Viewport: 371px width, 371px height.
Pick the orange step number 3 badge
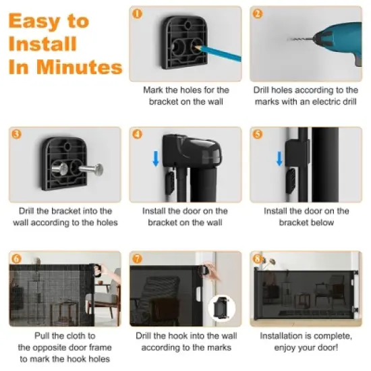coord(16,133)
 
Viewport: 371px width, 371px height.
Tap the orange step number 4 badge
coord(138,134)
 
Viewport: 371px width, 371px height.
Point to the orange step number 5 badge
coord(258,134)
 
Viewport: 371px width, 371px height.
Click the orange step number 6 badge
coord(16,258)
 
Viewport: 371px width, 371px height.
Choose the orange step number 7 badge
coord(138,258)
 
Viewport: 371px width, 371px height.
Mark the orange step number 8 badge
coord(258,258)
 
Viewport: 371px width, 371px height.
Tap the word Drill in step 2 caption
coord(265,90)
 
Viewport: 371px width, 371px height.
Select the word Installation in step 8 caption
coord(285,335)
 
